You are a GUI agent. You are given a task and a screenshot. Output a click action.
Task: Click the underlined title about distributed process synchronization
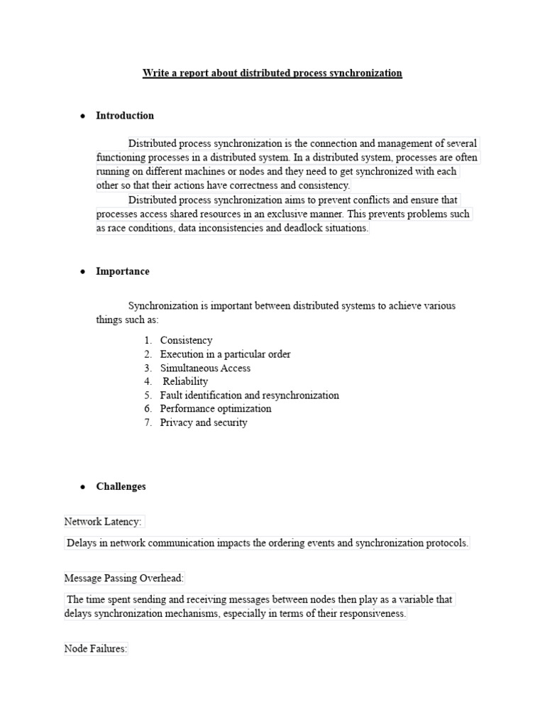tap(272, 73)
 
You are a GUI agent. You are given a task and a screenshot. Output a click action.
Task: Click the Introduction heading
tap(125, 116)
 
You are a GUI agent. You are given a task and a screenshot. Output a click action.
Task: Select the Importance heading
tap(123, 271)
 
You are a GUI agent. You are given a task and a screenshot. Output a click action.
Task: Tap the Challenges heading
tap(121, 486)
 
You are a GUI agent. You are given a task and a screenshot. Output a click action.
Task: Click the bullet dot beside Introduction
tap(83, 116)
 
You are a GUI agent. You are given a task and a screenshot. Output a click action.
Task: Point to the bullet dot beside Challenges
tap(83, 487)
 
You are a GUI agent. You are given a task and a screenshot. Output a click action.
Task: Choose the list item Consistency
tap(186, 341)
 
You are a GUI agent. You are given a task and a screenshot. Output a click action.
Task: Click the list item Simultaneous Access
tap(205, 368)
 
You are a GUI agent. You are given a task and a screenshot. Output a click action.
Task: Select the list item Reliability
tap(186, 381)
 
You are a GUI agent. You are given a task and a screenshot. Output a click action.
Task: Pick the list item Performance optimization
tap(216, 409)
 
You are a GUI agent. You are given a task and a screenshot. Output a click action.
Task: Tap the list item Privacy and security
tap(204, 422)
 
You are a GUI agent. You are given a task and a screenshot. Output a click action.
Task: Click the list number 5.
tap(148, 395)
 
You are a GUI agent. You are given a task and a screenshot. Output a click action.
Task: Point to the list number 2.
tap(148, 354)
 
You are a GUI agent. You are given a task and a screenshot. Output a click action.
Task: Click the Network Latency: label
tap(104, 522)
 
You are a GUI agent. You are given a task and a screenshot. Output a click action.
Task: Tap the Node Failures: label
tap(96, 649)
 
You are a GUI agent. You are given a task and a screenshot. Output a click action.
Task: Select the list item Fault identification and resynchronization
tap(250, 395)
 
